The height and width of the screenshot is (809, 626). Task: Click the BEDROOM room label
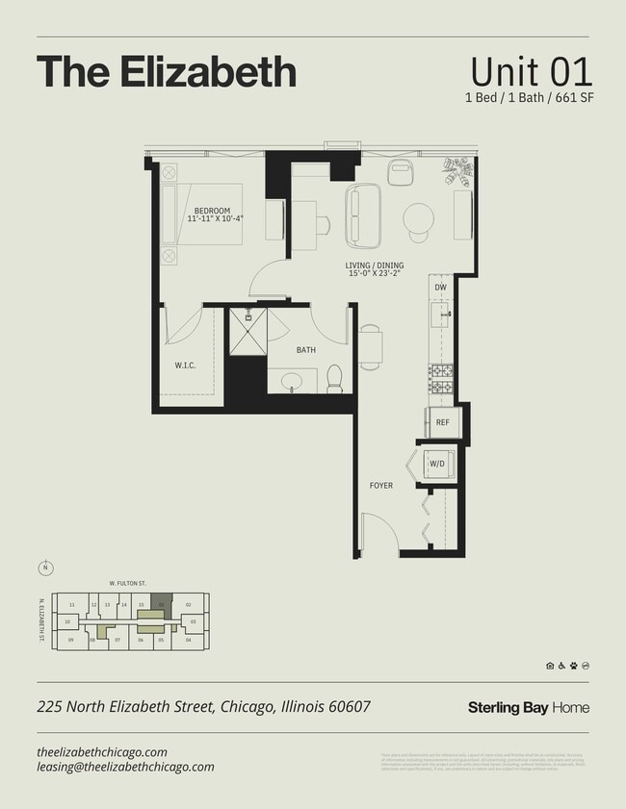point(212,210)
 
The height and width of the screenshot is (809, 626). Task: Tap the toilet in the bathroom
point(335,379)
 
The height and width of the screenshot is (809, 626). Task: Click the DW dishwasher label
point(440,288)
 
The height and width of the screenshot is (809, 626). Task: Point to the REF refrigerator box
point(443,422)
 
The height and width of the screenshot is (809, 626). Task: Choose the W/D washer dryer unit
point(437,464)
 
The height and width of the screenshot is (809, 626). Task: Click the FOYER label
point(381,486)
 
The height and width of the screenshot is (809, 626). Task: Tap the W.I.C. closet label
point(186,365)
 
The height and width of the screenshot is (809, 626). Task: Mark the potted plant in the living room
point(456,171)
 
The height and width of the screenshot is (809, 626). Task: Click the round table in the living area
point(419,218)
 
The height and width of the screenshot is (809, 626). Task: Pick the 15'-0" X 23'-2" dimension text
point(375,274)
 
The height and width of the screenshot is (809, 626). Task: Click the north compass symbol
point(44,568)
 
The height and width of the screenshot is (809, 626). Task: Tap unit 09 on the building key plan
point(71,640)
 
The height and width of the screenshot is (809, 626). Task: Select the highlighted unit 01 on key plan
point(161,604)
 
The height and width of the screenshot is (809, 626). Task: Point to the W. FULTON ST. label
point(126,583)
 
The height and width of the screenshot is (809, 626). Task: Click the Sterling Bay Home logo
point(528,708)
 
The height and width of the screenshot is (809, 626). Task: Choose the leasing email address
point(125,767)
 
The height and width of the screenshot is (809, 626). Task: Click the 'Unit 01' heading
point(531,72)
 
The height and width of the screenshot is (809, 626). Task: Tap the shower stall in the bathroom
point(247,333)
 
